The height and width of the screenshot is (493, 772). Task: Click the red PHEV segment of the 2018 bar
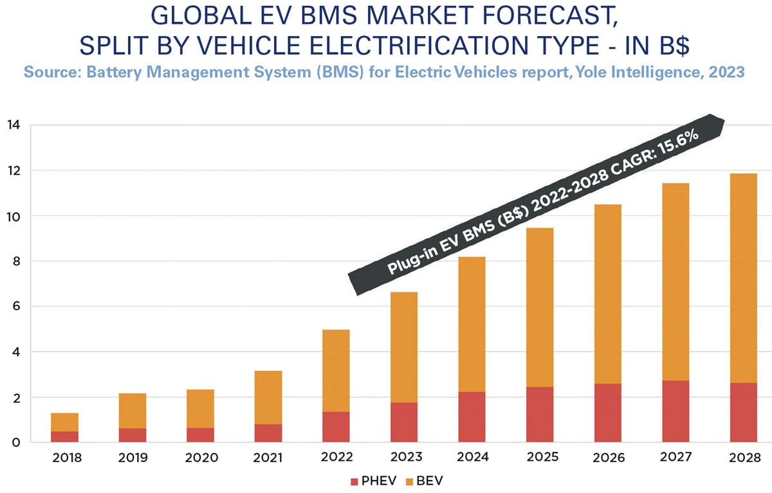coord(64,436)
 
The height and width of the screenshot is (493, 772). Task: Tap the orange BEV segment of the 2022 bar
coord(335,370)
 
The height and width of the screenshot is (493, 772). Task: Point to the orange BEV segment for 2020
coord(199,408)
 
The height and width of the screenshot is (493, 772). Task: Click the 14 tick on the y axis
coord(14,125)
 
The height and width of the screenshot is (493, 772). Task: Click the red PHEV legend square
coord(353,481)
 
